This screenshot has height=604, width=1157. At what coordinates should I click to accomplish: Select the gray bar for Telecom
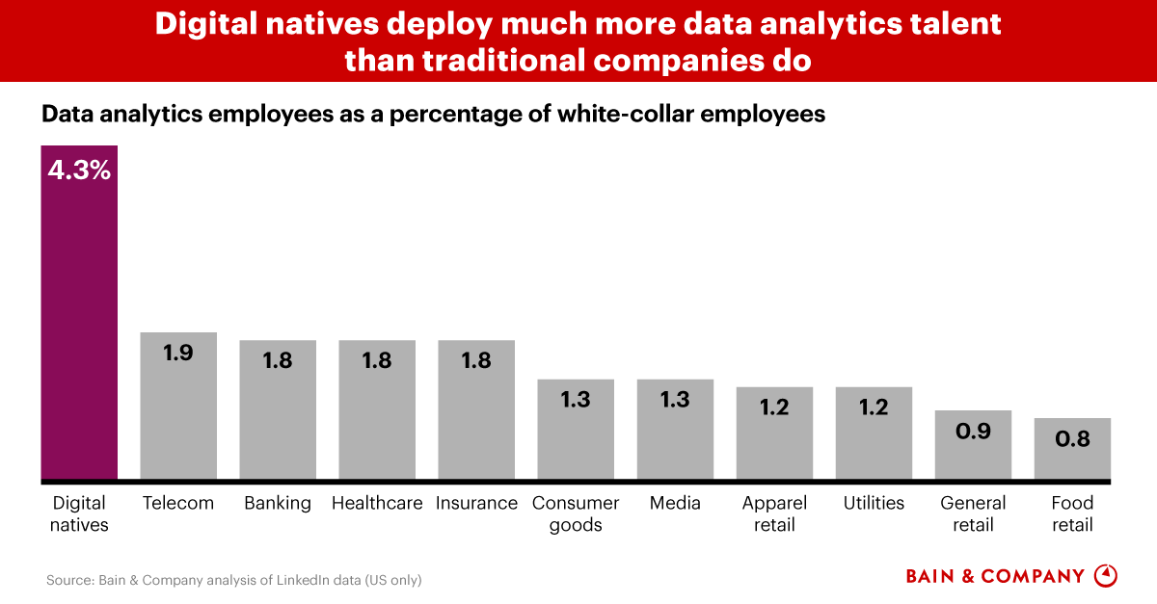point(178,409)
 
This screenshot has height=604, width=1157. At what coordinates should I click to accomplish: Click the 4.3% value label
point(79,171)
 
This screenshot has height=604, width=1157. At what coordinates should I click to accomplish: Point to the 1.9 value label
point(178,353)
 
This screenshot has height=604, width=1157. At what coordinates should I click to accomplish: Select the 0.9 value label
point(973,431)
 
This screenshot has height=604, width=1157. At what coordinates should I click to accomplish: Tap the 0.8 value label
point(1072,438)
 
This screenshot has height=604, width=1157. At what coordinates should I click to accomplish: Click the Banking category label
point(278,503)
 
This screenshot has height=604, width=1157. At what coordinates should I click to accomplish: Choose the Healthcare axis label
point(377,503)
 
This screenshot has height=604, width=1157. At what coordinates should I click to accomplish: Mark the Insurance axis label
point(476,503)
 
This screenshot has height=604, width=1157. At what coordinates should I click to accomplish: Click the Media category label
point(675,503)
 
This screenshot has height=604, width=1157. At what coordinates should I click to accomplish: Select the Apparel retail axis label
point(774,513)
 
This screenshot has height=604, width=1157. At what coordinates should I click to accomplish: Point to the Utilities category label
point(874,503)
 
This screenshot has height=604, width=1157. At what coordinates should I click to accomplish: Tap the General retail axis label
point(973,513)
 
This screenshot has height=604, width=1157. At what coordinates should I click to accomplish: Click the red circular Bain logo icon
point(1107,576)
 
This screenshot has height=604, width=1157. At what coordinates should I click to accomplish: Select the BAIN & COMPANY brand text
point(995,576)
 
